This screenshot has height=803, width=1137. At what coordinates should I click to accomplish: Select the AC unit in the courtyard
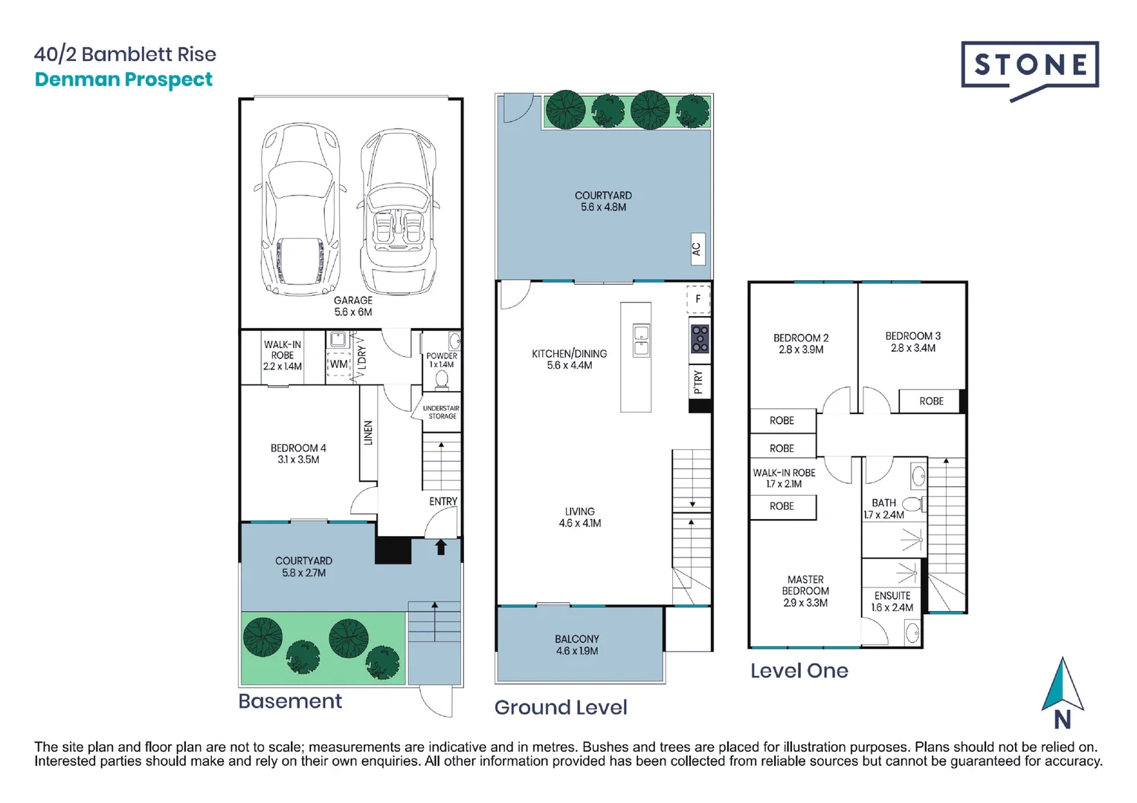(x=696, y=248)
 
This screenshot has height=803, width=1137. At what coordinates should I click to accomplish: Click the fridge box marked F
(x=698, y=299)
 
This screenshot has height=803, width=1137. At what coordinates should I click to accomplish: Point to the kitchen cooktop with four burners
(x=699, y=338)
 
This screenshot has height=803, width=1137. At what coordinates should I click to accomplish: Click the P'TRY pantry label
(x=698, y=381)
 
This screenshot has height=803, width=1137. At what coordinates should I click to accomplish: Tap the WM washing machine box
(x=338, y=364)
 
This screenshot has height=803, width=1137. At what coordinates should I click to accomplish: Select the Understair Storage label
(x=441, y=412)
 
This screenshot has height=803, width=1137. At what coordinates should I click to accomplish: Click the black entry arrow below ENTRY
(x=440, y=547)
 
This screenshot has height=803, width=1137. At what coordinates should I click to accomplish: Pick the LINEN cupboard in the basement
(x=368, y=433)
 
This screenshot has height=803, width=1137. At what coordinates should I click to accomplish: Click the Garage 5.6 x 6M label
(x=352, y=306)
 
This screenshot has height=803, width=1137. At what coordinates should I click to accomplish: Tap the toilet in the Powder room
(x=442, y=379)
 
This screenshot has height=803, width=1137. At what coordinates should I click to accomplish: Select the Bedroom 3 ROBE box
(x=930, y=401)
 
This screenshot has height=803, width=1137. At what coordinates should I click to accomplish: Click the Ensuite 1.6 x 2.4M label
(x=892, y=602)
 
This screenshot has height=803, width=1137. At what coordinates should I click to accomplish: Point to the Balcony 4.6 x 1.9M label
(x=576, y=645)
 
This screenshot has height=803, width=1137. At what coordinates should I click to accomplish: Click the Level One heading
(x=799, y=671)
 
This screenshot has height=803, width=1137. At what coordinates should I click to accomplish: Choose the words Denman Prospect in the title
(x=123, y=80)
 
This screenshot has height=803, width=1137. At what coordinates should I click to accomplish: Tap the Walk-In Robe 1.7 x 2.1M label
(x=784, y=478)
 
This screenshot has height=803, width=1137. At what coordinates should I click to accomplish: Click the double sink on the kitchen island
(x=640, y=341)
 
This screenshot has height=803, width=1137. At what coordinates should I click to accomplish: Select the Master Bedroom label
(x=805, y=591)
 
